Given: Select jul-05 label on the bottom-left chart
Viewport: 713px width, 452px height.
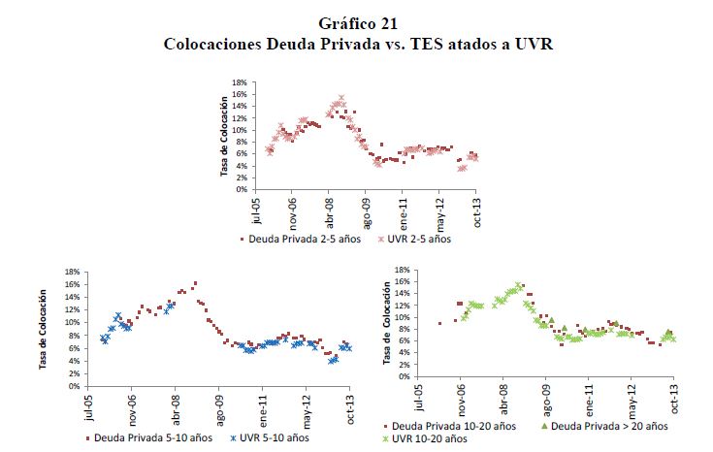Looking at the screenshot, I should [90, 406].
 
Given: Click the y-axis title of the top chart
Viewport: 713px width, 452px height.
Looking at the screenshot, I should [224, 136].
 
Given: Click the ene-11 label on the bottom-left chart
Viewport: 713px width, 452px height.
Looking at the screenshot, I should [264, 406].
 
